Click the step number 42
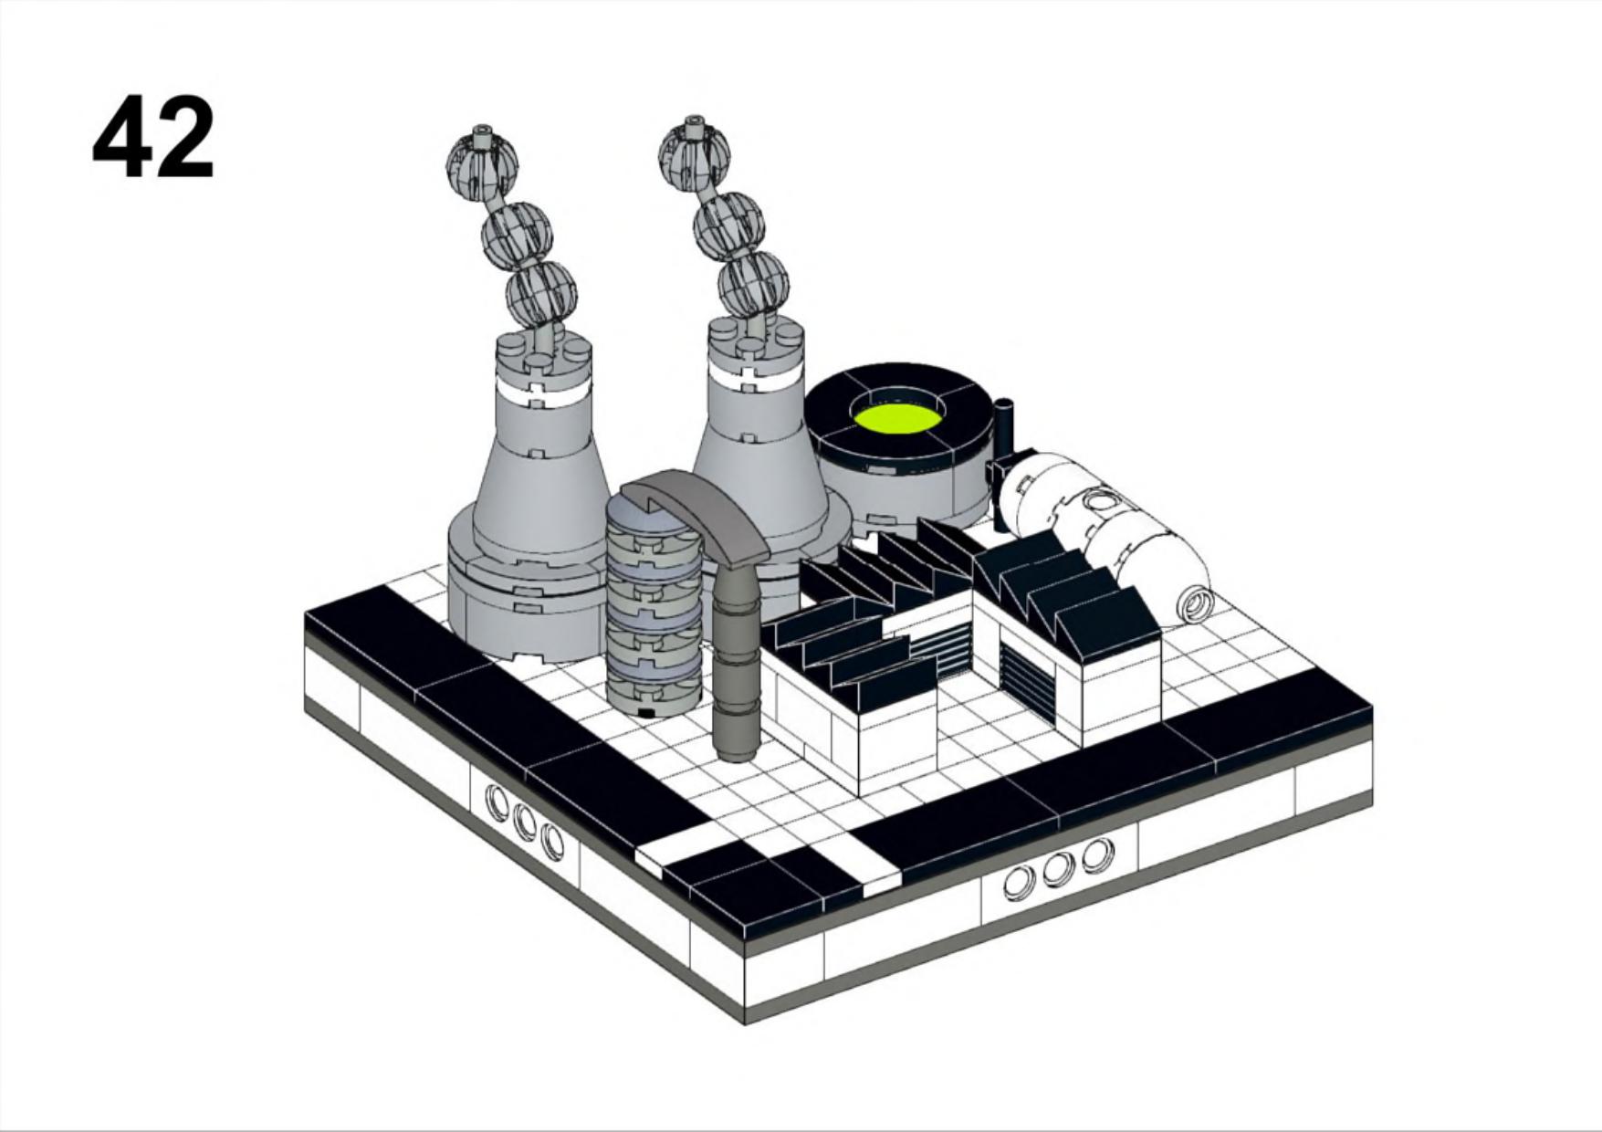tap(153, 138)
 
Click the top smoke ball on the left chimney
tap(482, 164)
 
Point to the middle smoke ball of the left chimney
tap(517, 233)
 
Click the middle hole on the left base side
tap(524, 823)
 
